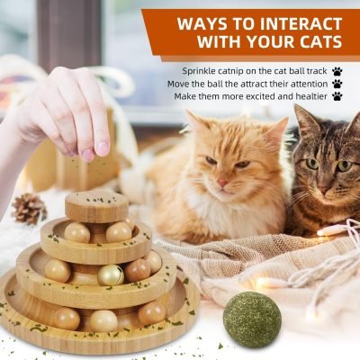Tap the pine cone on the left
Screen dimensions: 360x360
pyautogui.click(x=30, y=209)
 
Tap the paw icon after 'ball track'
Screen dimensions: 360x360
pyautogui.click(x=337, y=70)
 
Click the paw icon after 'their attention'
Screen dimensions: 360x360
pyautogui.click(x=337, y=83)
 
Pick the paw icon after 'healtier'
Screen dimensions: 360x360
pyautogui.click(x=337, y=95)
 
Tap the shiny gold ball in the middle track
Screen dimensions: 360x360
pyautogui.click(x=111, y=274)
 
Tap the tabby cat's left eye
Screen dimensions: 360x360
pyautogui.click(x=312, y=164)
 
